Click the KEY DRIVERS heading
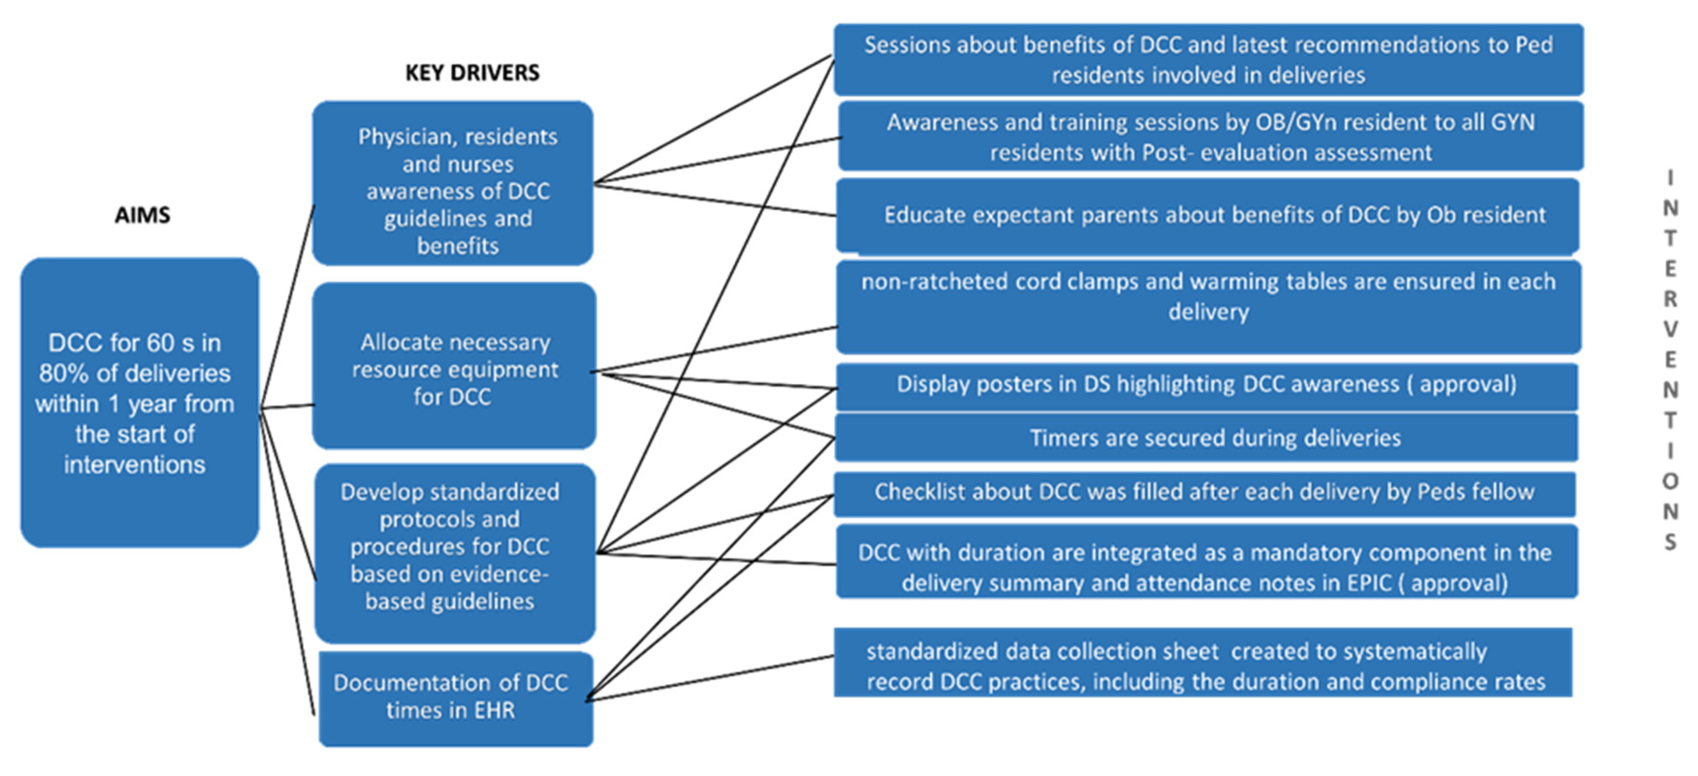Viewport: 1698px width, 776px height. [x=472, y=73]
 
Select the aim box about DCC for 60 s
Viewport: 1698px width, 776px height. [x=140, y=403]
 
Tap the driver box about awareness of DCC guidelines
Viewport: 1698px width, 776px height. [x=453, y=183]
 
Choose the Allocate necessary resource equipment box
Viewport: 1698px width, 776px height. [x=454, y=366]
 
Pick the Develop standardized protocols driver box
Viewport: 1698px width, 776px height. [x=455, y=553]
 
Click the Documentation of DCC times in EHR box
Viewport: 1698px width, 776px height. [x=456, y=698]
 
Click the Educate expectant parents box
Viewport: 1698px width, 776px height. [x=1208, y=216]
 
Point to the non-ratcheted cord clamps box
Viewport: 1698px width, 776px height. [x=1208, y=307]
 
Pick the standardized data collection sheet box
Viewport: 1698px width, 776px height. [x=1203, y=662]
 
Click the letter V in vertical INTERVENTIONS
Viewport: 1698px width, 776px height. [x=1670, y=329]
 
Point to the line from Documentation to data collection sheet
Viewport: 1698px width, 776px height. [x=710, y=677]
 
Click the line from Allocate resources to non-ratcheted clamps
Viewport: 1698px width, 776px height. [x=714, y=349]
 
